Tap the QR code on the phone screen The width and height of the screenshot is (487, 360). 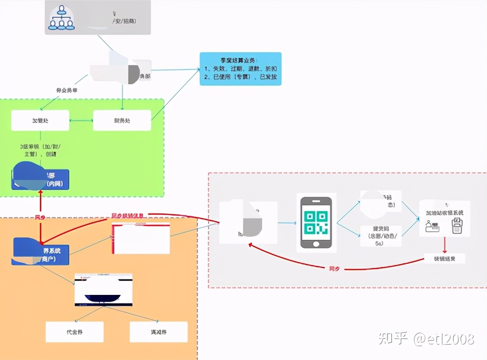(316, 223)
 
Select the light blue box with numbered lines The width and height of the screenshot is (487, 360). (240, 69)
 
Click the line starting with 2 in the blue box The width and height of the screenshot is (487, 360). (240, 77)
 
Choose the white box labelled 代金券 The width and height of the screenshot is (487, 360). (74, 332)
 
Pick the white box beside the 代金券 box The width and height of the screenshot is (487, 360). (158, 332)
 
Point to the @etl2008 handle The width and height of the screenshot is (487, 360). (444, 339)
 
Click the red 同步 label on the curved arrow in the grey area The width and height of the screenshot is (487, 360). (334, 269)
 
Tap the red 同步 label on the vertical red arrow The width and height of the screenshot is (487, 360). (40, 217)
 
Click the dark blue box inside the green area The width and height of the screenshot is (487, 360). (41, 180)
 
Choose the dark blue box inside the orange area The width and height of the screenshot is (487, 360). (41, 251)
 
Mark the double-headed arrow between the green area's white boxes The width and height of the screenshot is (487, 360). (81, 120)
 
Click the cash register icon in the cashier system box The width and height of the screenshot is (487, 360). (432, 226)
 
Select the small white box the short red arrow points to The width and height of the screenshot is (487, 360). (444, 259)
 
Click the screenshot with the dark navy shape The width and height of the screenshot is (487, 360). (103, 290)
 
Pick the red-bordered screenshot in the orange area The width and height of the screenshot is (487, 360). (141, 237)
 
